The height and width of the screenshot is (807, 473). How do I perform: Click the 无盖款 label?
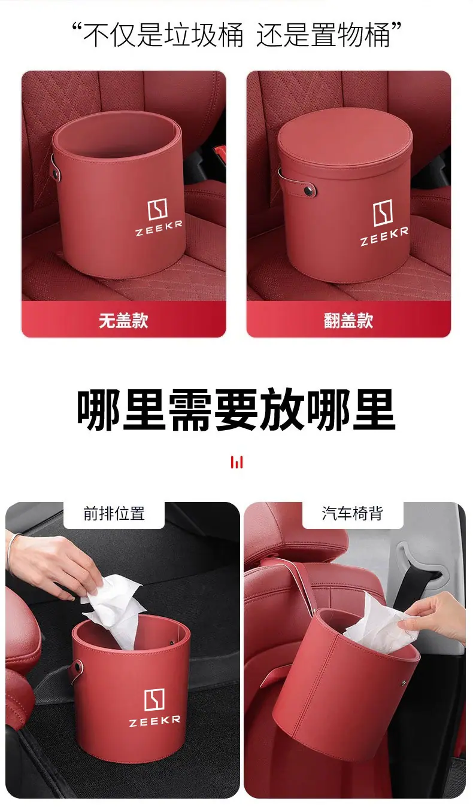coord(124,320)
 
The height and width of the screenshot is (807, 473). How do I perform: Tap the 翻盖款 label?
coord(348,320)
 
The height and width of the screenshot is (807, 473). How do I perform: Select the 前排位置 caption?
coord(114,513)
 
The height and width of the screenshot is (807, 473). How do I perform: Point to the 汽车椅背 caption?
coord(352,513)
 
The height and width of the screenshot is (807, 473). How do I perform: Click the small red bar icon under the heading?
coord(237,462)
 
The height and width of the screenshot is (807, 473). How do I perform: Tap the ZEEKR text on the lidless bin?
coord(159,229)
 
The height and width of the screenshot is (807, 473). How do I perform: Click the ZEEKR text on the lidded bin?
coord(384,236)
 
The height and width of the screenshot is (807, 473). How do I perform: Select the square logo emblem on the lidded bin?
coord(382,214)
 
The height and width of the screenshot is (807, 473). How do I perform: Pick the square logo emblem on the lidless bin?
coord(157,209)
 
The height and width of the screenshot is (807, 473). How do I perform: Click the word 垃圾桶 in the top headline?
coord(204,35)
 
